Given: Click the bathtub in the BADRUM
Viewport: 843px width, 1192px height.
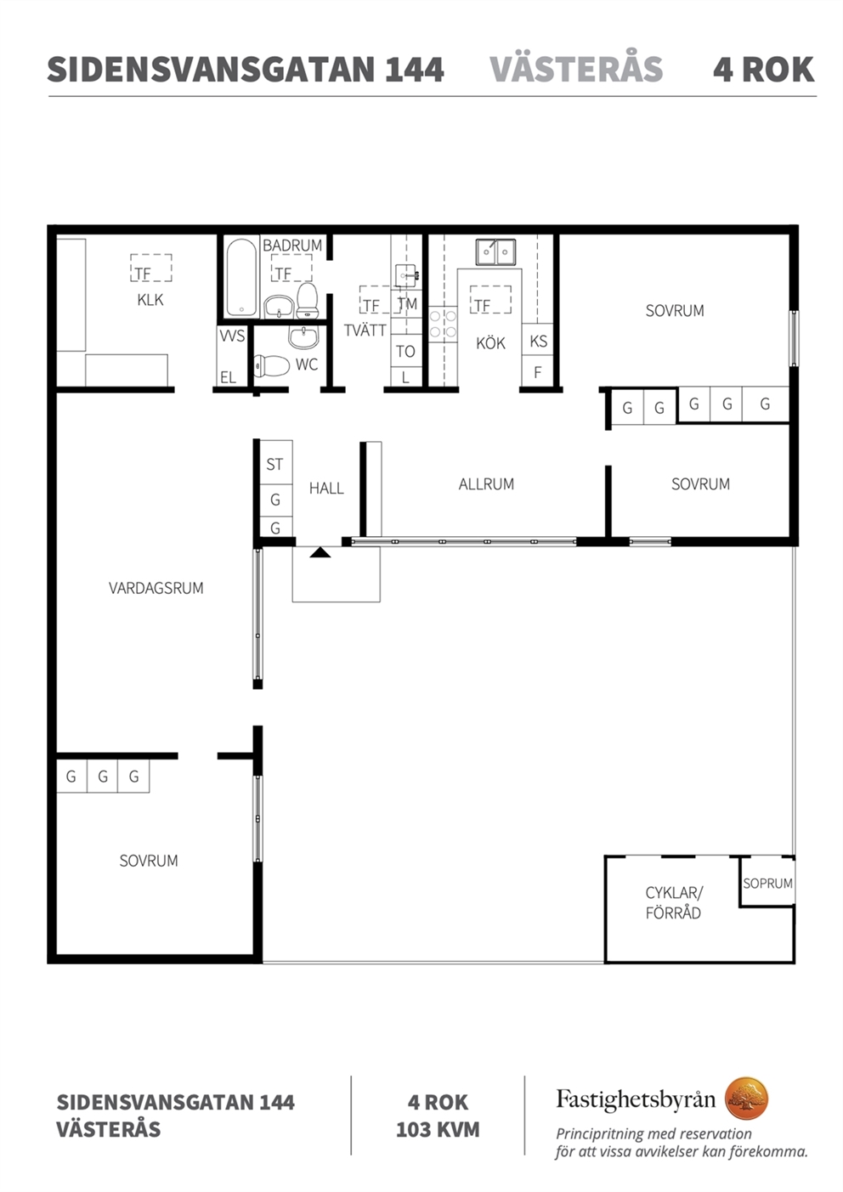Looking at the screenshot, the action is [241, 277].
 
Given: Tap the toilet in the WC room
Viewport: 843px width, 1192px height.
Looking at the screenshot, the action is [269, 365].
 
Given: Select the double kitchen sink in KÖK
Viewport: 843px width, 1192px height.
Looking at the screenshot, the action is [495, 251].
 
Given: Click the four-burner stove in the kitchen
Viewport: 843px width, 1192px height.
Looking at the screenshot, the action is [443, 324].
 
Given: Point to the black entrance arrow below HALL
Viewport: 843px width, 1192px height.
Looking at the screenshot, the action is [320, 552].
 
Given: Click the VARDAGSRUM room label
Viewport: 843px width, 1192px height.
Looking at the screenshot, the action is [156, 588].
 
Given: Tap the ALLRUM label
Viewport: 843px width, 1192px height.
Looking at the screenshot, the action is [486, 483].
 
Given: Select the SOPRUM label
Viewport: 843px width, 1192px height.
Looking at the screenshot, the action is [768, 884].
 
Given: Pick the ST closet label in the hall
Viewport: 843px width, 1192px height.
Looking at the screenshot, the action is [274, 465].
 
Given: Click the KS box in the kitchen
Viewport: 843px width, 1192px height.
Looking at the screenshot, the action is [538, 341].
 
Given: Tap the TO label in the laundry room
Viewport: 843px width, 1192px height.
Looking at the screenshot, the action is [405, 351].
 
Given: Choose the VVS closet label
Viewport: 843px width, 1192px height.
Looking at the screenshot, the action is [233, 336].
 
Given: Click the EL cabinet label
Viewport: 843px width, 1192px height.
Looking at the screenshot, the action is [229, 377].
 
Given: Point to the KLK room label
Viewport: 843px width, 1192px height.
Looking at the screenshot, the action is [150, 300].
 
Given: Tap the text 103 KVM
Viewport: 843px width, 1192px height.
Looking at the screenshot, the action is [438, 1130].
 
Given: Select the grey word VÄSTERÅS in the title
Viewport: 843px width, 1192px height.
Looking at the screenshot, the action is [576, 69].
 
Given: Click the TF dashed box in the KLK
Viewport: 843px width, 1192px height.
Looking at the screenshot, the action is [151, 268].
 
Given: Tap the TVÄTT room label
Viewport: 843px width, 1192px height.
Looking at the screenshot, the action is [365, 330].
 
